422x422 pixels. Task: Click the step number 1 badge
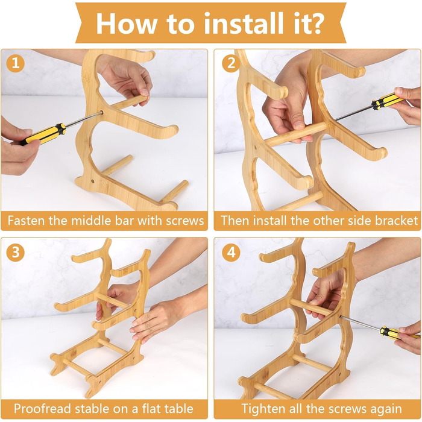(15, 63)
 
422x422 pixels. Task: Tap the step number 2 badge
(231, 63)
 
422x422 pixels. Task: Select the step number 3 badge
(15, 253)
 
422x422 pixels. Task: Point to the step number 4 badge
(231, 253)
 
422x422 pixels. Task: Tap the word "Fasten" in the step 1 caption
(26, 221)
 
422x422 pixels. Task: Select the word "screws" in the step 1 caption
(184, 221)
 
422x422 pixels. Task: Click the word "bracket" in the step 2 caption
(397, 221)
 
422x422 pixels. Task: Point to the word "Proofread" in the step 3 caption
(43, 409)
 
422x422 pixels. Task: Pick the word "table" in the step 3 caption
(178, 409)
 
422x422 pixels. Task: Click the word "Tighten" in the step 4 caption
(264, 409)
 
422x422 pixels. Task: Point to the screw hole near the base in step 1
(93, 181)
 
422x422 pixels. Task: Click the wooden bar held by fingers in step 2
(295, 134)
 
